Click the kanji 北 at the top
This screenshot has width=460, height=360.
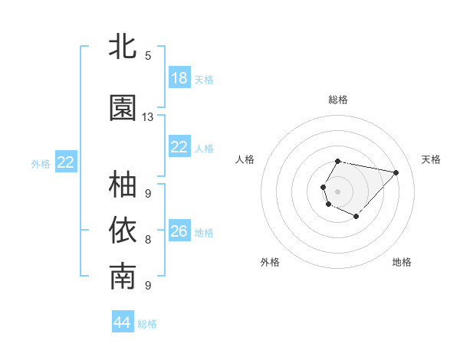(x=123, y=47)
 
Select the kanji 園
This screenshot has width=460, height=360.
(x=123, y=108)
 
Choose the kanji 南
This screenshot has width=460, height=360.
(x=123, y=277)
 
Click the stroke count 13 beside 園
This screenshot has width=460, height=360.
(x=148, y=117)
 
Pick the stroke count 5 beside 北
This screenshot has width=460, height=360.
(x=148, y=55)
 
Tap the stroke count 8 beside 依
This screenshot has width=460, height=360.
(x=148, y=239)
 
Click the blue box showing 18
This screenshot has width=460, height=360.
(x=179, y=78)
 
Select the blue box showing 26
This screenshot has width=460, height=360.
(x=179, y=231)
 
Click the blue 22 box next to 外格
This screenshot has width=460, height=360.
(x=66, y=162)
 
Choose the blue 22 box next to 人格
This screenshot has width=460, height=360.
(x=179, y=147)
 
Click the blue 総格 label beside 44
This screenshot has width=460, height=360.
(x=147, y=324)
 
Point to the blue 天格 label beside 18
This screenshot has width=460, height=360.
(x=204, y=79)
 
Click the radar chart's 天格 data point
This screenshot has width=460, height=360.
(x=396, y=172)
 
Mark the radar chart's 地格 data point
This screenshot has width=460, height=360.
(x=356, y=217)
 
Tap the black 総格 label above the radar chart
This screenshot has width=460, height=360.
(x=338, y=100)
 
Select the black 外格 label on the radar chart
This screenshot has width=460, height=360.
(x=270, y=262)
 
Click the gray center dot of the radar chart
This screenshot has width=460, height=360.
(x=338, y=191)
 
